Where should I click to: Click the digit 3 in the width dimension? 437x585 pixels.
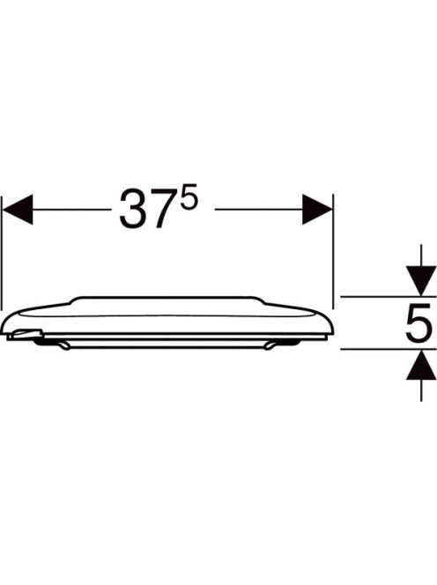tap(131, 210)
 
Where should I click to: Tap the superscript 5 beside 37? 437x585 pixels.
tap(188, 200)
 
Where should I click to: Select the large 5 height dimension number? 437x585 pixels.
tap(419, 322)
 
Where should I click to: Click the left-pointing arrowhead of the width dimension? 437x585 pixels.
tap(18, 210)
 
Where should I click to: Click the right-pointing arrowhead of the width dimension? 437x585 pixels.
tap(317, 210)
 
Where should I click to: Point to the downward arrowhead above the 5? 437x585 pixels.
tap(421, 280)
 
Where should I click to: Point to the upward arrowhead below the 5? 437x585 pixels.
tap(421, 366)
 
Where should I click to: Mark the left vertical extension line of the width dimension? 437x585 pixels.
tap(2, 253)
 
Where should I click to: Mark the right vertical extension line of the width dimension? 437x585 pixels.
tap(333, 251)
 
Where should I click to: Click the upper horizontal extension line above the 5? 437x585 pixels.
tap(389, 297)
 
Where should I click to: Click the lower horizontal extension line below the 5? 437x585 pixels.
tap(389, 349)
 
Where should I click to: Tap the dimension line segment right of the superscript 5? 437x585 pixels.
tap(259, 210)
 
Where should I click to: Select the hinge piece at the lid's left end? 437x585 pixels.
tap(26, 334)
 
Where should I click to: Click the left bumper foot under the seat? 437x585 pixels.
tap(63, 346)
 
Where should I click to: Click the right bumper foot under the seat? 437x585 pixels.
tap(270, 346)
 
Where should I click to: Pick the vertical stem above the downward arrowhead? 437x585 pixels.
tap(421, 255)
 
